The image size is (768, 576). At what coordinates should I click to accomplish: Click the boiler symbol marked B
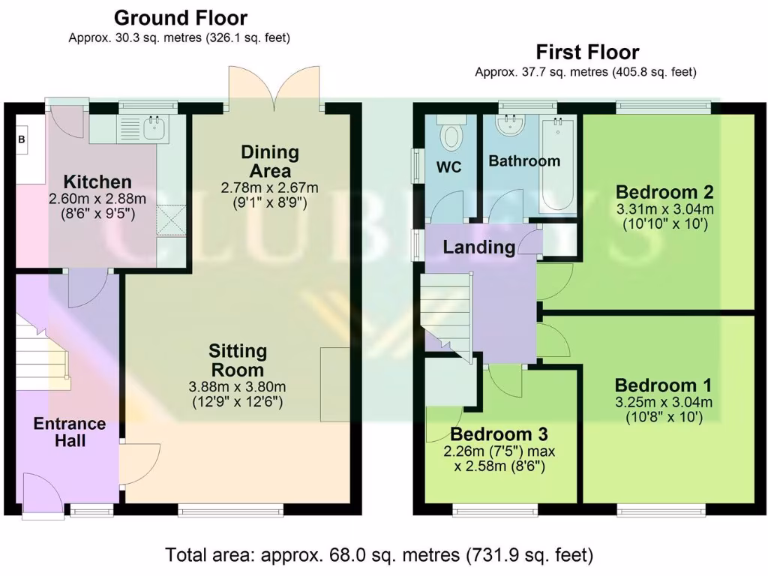(x=22, y=139)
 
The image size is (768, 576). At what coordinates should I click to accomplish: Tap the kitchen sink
(x=154, y=128)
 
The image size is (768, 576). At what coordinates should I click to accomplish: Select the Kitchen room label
(x=97, y=181)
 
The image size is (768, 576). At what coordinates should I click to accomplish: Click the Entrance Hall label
(x=69, y=433)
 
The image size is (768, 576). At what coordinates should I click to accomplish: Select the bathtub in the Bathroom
(x=558, y=165)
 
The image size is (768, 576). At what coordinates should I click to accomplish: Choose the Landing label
(x=478, y=246)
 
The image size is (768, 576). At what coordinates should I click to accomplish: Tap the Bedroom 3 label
(x=499, y=434)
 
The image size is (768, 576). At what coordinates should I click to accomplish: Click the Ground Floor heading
(x=180, y=17)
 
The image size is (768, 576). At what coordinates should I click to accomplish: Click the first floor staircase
(x=446, y=311)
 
